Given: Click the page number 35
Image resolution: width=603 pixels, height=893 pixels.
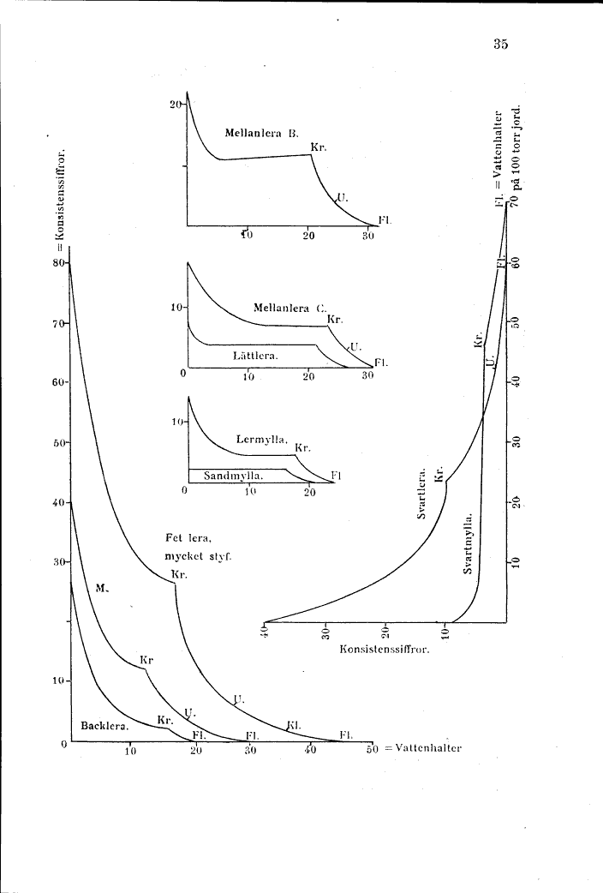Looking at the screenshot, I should [x=501, y=45].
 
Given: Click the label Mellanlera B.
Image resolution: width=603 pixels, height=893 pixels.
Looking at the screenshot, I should [x=260, y=133].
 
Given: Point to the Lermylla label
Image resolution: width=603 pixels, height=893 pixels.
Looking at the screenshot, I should [x=261, y=439].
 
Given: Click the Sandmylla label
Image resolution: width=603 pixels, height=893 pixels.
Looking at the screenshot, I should [x=233, y=475].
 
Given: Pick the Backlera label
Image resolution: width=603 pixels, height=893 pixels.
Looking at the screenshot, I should [x=104, y=726].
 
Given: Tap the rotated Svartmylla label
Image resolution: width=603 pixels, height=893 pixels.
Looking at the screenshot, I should [x=469, y=543].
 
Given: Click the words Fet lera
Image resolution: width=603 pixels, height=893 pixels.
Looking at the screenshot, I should [x=188, y=538].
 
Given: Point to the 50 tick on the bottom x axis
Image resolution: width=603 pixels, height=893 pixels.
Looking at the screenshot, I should [x=371, y=752].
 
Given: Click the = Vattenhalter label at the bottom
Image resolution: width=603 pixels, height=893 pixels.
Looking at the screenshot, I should [x=422, y=747].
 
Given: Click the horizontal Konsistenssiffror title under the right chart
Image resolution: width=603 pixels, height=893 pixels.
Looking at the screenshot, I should [x=384, y=649].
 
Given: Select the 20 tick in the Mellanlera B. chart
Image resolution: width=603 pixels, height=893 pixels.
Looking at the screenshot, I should [x=176, y=104].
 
